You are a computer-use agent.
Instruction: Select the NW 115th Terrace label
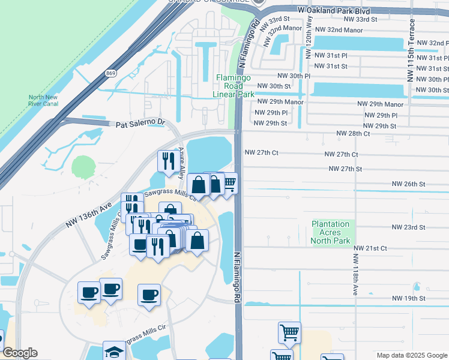pyautogui.click(x=411, y=52)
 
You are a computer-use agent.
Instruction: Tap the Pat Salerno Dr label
pyautogui.click(x=140, y=123)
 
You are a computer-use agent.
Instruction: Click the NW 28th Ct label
pyautogui.click(x=353, y=133)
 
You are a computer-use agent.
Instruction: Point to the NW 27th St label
pyautogui.click(x=346, y=169)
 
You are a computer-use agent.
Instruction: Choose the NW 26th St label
pyautogui.click(x=408, y=184)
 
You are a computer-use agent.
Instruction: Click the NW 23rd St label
pyautogui.click(x=408, y=227)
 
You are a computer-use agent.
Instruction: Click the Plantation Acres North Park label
pyautogui.click(x=331, y=232)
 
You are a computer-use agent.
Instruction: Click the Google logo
pyautogui.click(x=20, y=353)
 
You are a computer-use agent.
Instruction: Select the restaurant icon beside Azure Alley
pyautogui.click(x=167, y=160)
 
